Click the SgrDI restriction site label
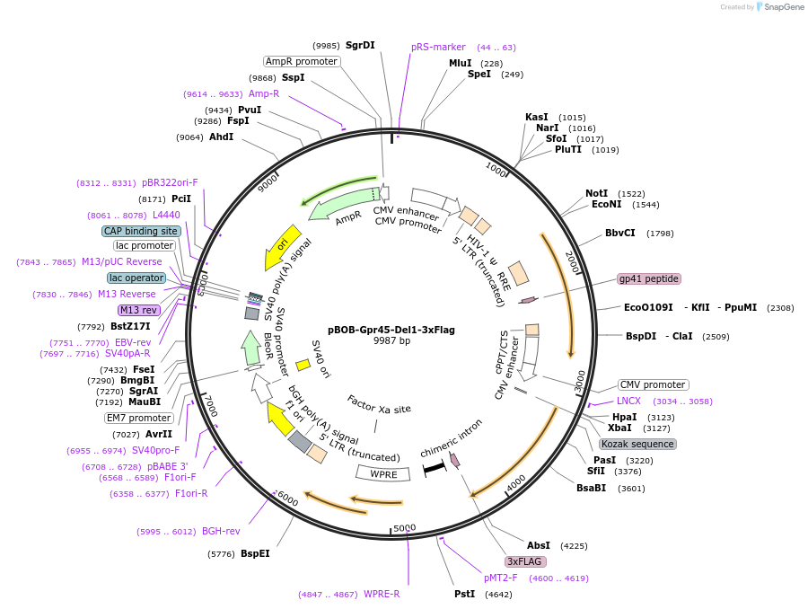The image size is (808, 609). point(360,45)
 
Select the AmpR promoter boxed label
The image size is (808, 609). point(302,61)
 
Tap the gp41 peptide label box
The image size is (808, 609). point(649,278)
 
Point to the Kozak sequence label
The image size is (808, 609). point(637,444)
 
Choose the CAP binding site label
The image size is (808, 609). point(141,231)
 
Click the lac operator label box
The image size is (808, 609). point(136,278)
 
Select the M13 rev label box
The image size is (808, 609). point(138,310)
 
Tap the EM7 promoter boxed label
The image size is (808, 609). point(138,418)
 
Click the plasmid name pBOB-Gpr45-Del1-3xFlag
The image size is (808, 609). point(391,330)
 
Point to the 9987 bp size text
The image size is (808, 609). point(391,341)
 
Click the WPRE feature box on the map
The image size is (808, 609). point(383,473)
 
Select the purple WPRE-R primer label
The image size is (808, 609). point(382,594)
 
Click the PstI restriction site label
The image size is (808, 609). point(464,594)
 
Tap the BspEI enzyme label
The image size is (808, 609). point(255,554)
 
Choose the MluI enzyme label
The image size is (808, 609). point(460,63)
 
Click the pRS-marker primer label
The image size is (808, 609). point(438,47)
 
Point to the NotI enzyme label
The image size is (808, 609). point(596,193)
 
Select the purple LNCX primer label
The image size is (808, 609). point(628,401)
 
